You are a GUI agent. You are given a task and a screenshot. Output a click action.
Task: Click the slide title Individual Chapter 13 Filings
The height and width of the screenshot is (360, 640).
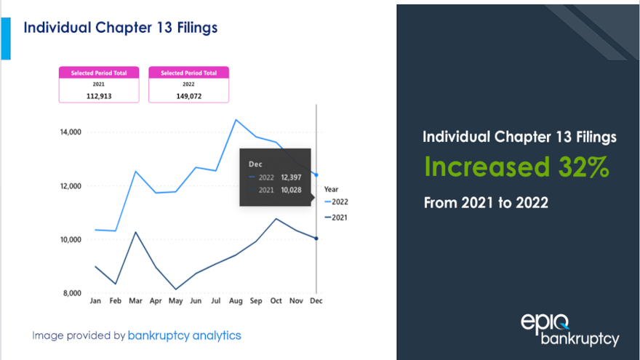pyautogui.click(x=121, y=27)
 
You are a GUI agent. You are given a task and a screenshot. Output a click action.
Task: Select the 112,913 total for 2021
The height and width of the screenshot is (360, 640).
pyautogui.click(x=98, y=95)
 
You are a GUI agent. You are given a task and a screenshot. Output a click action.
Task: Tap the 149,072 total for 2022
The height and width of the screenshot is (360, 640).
pyautogui.click(x=188, y=95)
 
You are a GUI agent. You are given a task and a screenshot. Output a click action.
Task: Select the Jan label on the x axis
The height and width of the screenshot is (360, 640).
pyautogui.click(x=95, y=300)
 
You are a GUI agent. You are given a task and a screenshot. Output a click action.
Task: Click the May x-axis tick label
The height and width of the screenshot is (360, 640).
pyautogui.click(x=176, y=300)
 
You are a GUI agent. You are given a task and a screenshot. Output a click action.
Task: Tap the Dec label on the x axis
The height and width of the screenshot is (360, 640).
pyautogui.click(x=316, y=300)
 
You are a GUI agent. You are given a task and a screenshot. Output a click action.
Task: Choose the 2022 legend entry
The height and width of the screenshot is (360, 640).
pyautogui.click(x=337, y=201)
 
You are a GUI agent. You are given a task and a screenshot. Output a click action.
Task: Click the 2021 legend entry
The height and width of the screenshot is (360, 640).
pyautogui.click(x=337, y=217)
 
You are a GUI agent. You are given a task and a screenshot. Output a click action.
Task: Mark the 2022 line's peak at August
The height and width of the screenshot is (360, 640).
pyautogui.click(x=236, y=119)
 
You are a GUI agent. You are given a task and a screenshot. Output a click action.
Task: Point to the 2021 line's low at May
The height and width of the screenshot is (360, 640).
pyautogui.click(x=176, y=289)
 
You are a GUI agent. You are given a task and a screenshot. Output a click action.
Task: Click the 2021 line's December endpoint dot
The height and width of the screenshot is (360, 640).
pyautogui.click(x=316, y=239)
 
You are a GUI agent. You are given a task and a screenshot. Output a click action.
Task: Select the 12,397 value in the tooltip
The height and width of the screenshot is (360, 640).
pyautogui.click(x=292, y=177)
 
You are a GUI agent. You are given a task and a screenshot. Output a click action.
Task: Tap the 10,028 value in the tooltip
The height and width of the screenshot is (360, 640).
pyautogui.click(x=292, y=190)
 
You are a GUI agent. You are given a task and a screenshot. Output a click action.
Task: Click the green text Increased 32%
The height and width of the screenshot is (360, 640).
pyautogui.click(x=516, y=167)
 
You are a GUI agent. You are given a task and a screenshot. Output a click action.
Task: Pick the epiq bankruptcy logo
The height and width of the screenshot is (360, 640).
pyautogui.click(x=569, y=329)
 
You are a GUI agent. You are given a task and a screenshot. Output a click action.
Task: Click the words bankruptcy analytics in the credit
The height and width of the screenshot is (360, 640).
pyautogui.click(x=184, y=335)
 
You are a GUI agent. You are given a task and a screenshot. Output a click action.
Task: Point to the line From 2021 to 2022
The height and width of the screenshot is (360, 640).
pyautogui.click(x=486, y=203)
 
